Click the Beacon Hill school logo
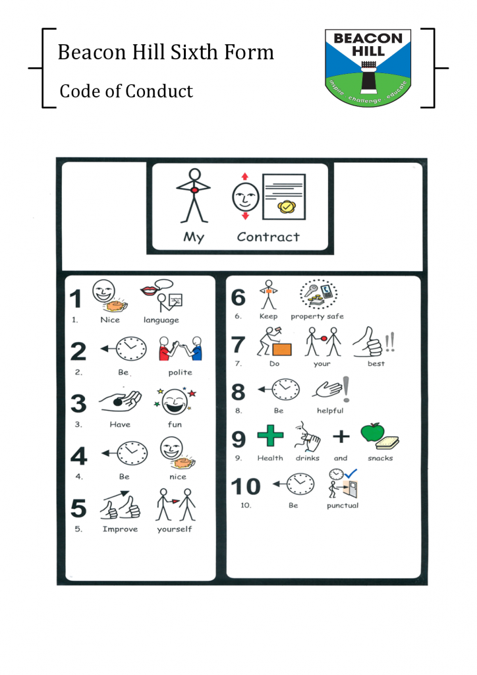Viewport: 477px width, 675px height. [x=368, y=68]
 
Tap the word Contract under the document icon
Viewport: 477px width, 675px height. [x=268, y=237]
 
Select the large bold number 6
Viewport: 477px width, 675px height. [x=238, y=297]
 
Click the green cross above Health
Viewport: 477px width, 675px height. [x=270, y=436]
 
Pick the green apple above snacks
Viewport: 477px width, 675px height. [x=372, y=432]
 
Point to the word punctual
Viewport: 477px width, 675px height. [x=343, y=506]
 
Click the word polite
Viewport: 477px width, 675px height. [x=181, y=372]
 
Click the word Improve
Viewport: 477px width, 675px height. [x=120, y=529]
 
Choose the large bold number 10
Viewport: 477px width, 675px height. [x=246, y=486]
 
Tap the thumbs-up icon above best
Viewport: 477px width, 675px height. [x=368, y=342]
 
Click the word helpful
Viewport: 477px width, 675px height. [x=330, y=411]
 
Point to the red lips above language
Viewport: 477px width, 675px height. [x=150, y=291]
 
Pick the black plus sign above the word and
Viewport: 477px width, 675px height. [x=341, y=436]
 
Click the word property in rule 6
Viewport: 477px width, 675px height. [x=307, y=316]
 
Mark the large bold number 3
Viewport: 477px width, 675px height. [x=78, y=403]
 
